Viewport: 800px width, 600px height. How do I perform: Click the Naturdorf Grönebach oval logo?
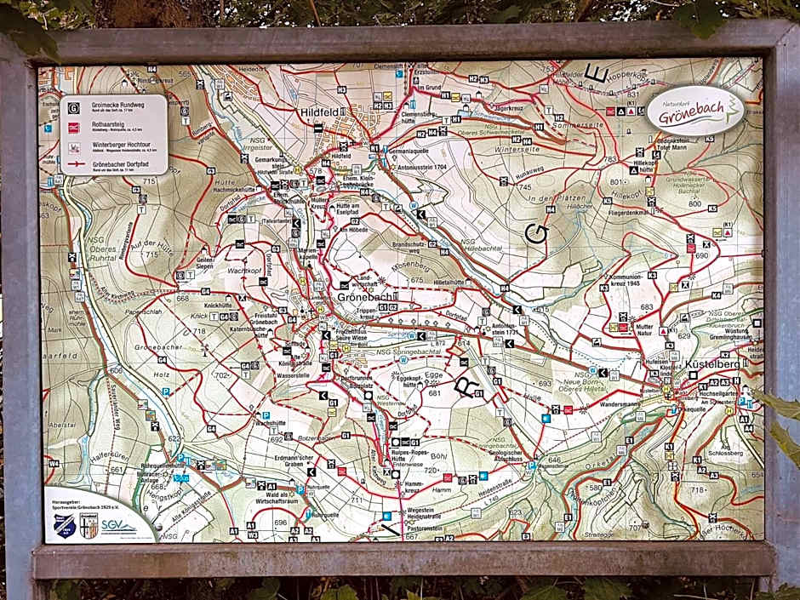tap(694, 111)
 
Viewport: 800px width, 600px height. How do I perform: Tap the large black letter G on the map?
tap(537, 233)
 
